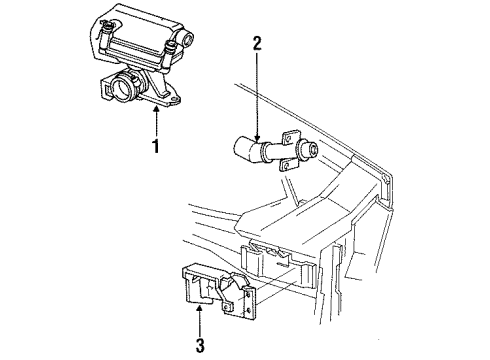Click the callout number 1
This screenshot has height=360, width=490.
pos(155,146)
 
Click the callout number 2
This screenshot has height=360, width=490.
pos(257,43)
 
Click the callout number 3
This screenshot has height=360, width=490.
pos(200,345)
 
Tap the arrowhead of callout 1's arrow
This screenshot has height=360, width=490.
pos(155,109)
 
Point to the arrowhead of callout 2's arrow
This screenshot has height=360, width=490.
pos(257,138)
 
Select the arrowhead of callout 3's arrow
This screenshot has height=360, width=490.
pos(199,308)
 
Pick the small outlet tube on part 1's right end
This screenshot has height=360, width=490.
pos(187,39)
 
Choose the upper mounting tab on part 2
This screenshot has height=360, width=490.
pos(289,137)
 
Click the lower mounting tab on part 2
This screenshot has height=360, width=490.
pos(286,165)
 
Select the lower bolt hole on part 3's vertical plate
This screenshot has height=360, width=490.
pos(248,311)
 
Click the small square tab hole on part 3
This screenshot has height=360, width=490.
pos(228,307)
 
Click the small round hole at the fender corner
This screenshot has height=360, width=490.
pos(386,176)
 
